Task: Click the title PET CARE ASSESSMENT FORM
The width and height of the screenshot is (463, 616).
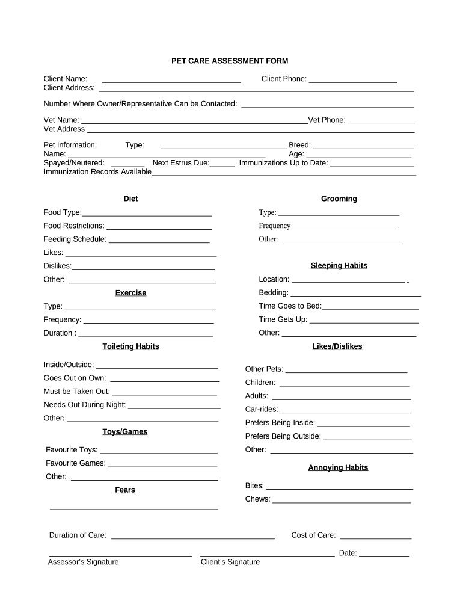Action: (x=230, y=61)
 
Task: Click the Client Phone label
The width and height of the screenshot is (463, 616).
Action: (x=284, y=79)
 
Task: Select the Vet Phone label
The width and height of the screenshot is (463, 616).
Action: (x=327, y=120)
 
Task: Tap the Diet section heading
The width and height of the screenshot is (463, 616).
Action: (x=130, y=199)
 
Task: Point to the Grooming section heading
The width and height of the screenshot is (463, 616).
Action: (x=339, y=199)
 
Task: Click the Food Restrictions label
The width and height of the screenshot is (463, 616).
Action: (x=74, y=226)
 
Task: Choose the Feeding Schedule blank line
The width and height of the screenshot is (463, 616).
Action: (x=159, y=240)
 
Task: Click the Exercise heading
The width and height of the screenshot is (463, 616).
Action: (x=130, y=293)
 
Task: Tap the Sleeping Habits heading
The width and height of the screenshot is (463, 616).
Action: (x=339, y=265)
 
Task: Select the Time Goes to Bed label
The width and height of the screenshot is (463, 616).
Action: (x=290, y=306)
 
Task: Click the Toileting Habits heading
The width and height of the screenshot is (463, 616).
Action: (x=130, y=346)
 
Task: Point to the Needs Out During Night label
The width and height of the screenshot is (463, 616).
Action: (x=85, y=404)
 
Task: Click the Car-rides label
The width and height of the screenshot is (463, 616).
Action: (x=262, y=410)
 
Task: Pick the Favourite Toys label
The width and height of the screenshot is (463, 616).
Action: (x=72, y=450)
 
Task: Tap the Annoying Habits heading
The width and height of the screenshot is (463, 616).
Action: (x=338, y=467)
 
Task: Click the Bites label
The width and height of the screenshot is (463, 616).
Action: (x=254, y=485)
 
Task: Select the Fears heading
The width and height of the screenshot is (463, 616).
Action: (x=125, y=490)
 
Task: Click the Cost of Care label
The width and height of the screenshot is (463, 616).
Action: (x=313, y=535)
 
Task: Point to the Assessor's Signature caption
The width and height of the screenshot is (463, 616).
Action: (x=83, y=562)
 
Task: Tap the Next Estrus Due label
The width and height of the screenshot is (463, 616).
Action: (x=181, y=163)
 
